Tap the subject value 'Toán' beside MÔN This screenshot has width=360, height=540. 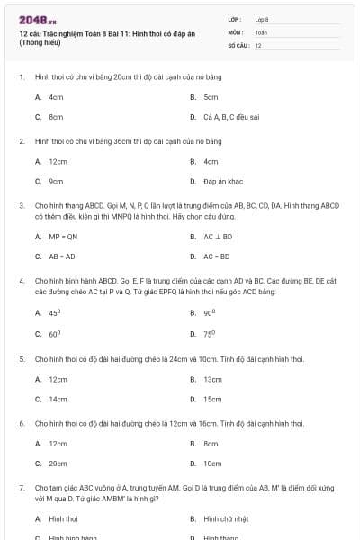261,31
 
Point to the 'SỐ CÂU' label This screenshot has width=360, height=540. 237,45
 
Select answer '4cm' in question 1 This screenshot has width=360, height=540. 56,97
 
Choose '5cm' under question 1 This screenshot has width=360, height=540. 211,97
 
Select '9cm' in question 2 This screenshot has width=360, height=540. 56,181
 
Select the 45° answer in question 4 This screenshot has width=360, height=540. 54,312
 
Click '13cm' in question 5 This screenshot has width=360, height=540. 212,379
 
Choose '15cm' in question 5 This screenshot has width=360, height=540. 212,399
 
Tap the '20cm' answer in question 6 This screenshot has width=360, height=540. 58,463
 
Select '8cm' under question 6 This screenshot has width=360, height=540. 211,444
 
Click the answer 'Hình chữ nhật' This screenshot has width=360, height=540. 226,519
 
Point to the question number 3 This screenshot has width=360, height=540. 21,205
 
